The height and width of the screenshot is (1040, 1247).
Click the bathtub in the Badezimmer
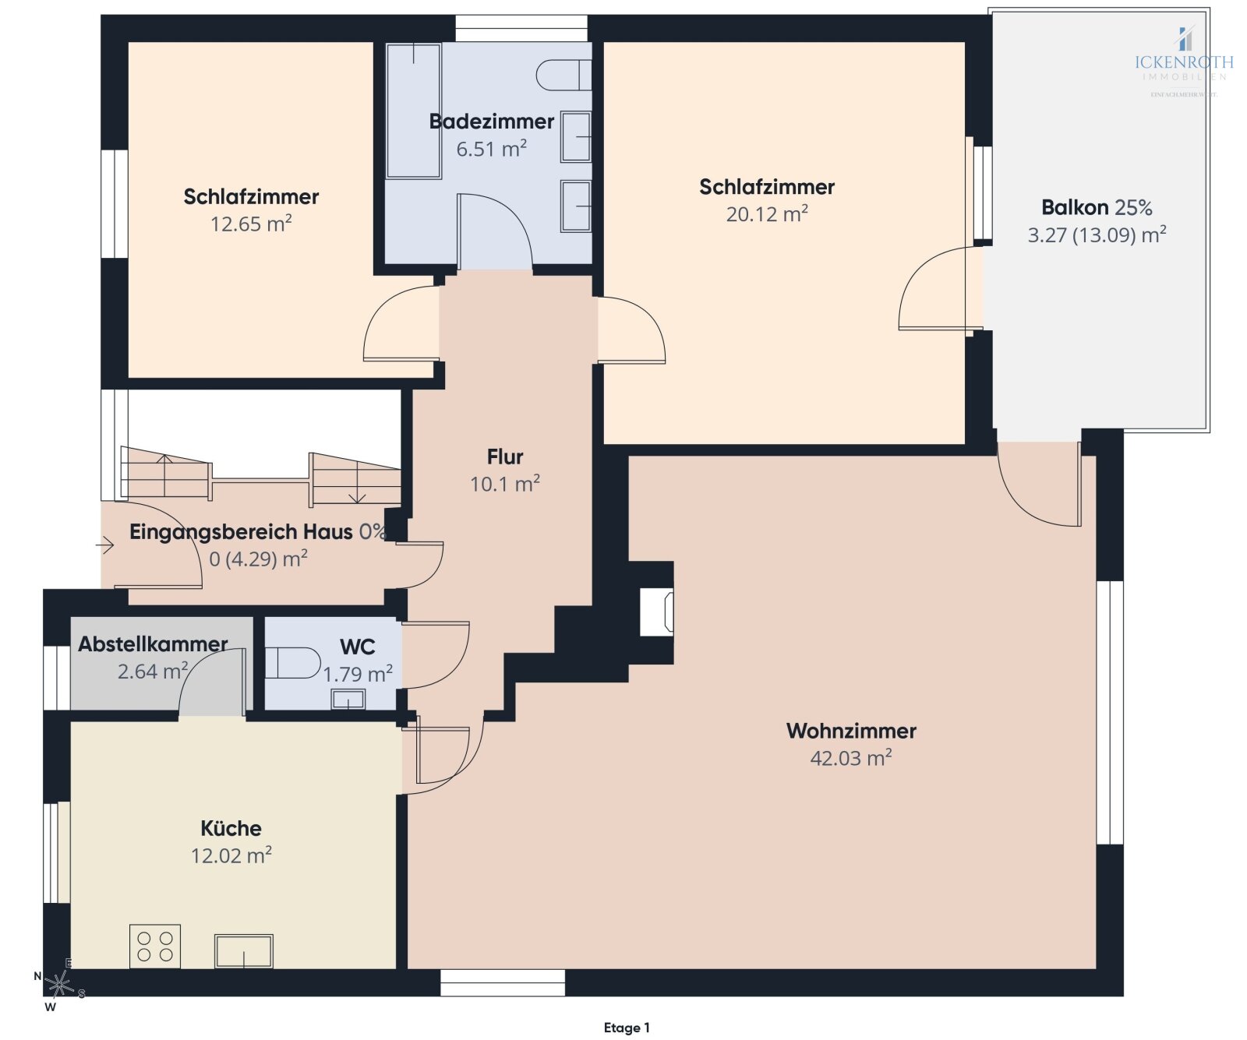pos(414,110)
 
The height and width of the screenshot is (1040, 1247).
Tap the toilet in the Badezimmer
pos(563,75)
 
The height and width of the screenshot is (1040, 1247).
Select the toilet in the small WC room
pos(293,663)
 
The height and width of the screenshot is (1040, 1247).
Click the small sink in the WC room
pos(348,700)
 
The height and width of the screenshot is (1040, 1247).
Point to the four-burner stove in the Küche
pos(155,947)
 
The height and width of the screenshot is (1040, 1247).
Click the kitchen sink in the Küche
pos(244,951)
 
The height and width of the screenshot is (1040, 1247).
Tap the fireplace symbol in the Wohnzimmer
pos(656,612)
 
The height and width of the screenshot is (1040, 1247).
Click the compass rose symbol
pos(59,985)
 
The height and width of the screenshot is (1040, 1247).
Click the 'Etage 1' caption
pos(626,1028)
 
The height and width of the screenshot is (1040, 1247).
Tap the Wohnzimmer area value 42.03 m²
pos(851,758)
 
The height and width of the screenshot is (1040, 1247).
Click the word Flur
pos(505,457)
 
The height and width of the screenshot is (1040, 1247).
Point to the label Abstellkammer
pos(153,644)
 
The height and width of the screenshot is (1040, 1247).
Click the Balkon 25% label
pos(1097,207)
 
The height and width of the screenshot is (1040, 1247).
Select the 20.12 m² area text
pos(767,214)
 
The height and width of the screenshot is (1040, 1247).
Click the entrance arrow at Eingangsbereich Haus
pos(105,545)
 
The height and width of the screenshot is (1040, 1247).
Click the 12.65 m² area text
pos(251,224)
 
